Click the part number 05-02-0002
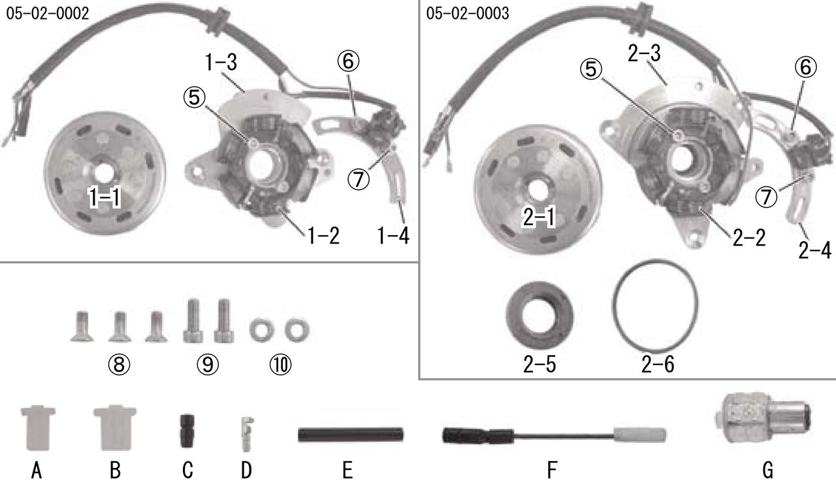48,14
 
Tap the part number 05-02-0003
467,14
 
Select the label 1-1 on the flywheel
104,197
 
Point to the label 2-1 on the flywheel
539,217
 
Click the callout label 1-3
221,62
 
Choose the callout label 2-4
814,250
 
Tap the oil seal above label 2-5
539,315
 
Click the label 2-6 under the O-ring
658,364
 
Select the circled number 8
119,364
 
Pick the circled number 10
280,364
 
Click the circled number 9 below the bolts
208,364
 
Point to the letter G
767,470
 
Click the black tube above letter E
351,435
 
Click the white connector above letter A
38,428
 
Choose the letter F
552,470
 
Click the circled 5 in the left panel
194,97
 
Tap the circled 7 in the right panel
766,196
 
